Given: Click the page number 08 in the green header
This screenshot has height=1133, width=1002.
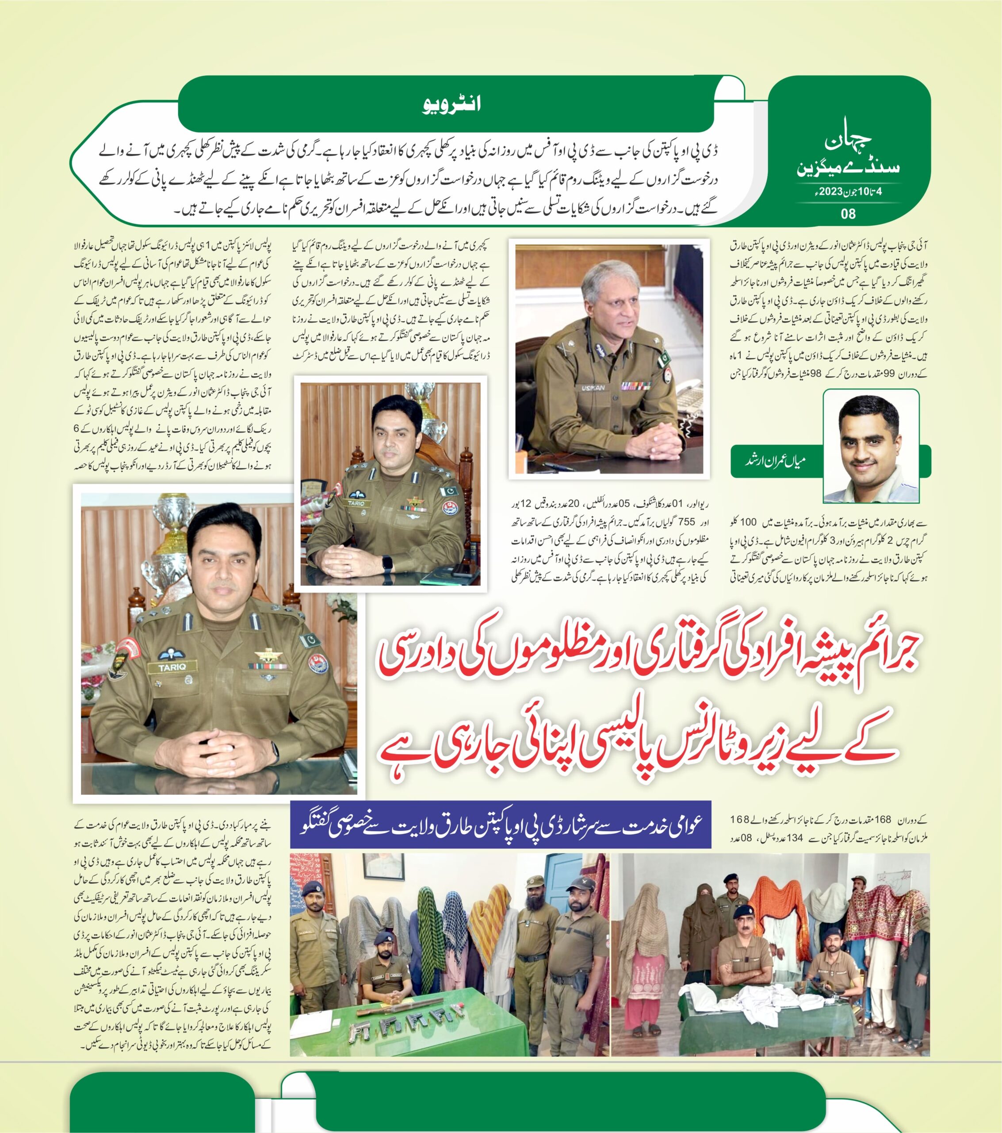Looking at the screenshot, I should pos(848,213).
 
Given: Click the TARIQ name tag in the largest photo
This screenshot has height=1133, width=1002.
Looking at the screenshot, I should pos(168,668).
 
